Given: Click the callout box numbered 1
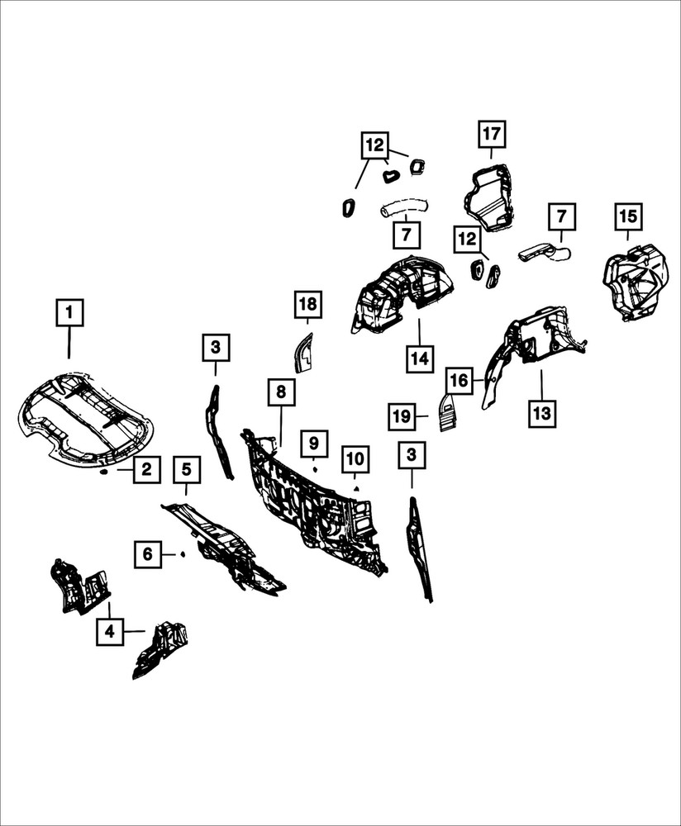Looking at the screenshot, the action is (x=69, y=313).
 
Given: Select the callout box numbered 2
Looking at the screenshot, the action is (x=146, y=469).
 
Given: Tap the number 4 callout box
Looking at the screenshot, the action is (x=110, y=631).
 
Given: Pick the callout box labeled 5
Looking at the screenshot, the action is (x=187, y=469).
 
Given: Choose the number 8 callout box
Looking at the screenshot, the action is (x=281, y=392).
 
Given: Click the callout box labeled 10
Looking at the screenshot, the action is (x=355, y=458).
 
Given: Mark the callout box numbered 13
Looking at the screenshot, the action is (x=542, y=413).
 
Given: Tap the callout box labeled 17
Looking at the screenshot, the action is (x=492, y=134).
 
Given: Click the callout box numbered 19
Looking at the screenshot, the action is (x=402, y=416).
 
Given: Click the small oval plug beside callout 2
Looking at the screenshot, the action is (x=104, y=472).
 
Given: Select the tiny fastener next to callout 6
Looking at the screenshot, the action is (x=182, y=554).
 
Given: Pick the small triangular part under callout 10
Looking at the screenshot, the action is (x=356, y=488).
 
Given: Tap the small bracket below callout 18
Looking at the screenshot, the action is (x=302, y=353).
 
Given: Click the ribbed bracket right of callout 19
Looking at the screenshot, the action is (x=447, y=412).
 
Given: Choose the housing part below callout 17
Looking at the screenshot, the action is (x=489, y=198).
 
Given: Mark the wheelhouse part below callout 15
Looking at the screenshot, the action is (x=636, y=282).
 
